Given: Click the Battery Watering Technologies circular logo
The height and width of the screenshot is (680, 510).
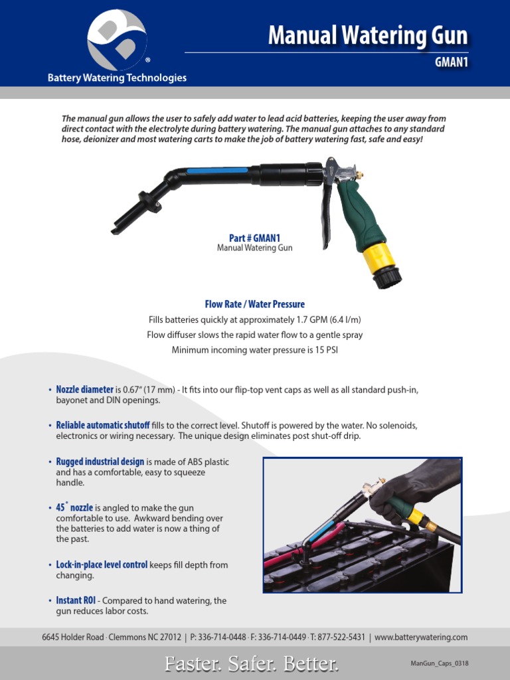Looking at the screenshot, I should coord(117,40).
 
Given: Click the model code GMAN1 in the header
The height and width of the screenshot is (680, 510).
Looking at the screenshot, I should coord(452,63).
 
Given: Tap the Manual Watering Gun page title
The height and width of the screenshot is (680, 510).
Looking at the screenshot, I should coord(368,35).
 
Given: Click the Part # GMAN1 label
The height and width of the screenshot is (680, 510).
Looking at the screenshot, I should coord(254,238).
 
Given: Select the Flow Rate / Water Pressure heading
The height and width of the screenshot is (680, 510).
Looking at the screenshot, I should coord(254,304).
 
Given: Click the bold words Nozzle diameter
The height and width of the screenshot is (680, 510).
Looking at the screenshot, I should coord(85,389).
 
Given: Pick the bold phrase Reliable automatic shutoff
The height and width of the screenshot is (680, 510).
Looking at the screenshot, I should coord(102,425).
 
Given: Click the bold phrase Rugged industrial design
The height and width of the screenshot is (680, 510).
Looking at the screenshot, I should coord(100,461).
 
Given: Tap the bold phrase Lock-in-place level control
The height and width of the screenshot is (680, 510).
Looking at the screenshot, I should coord(102,564).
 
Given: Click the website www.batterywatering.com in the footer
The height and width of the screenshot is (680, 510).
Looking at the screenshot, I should coord(421,637).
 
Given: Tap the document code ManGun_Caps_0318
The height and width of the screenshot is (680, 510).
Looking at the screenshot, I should coord(440,663).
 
